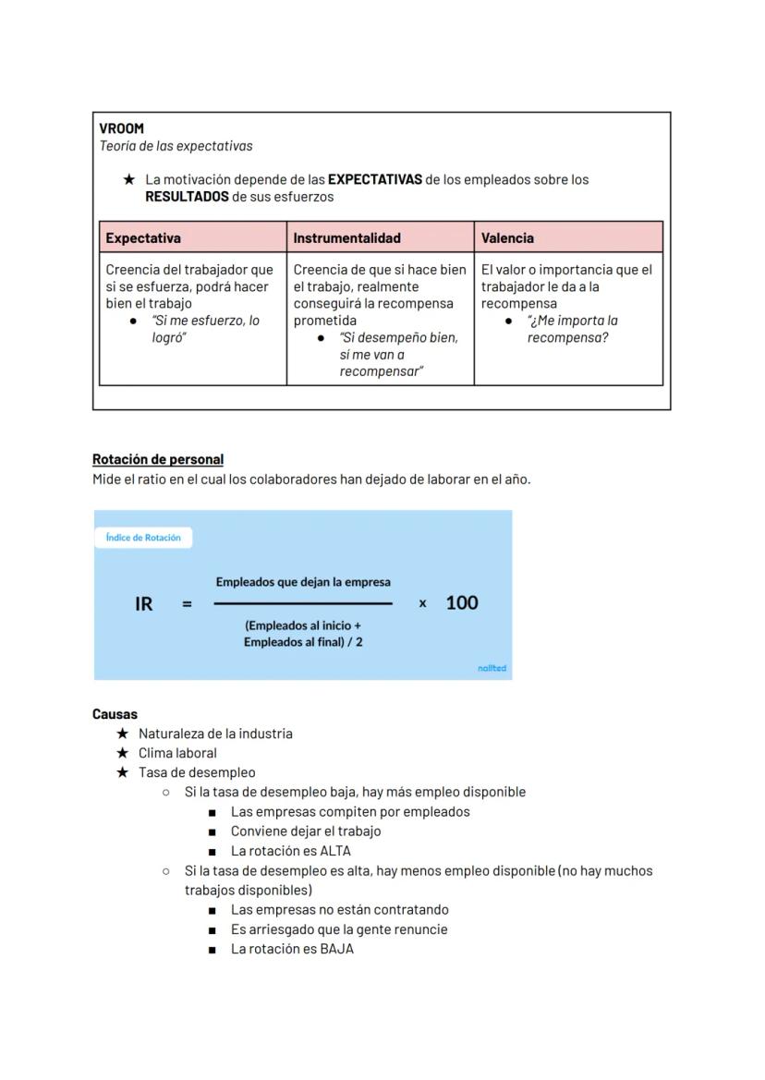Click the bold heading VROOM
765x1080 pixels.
click(x=121, y=128)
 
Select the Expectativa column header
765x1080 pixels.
click(x=143, y=237)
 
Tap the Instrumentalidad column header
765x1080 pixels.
click(x=346, y=237)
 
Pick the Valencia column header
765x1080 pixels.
click(x=507, y=237)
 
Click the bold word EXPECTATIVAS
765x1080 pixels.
click(x=374, y=179)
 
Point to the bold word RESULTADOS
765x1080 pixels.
click(x=187, y=197)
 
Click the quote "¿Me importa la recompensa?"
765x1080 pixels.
click(x=567, y=329)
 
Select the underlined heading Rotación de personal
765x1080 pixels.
click(x=158, y=459)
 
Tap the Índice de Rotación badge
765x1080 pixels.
click(x=143, y=538)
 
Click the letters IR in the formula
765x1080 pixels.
click(x=144, y=603)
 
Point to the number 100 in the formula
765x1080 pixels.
click(x=462, y=603)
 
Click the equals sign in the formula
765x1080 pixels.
click(x=187, y=604)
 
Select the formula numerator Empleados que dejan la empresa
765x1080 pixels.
click(x=303, y=582)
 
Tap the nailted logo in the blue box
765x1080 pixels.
click(x=492, y=668)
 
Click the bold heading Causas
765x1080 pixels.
click(x=115, y=714)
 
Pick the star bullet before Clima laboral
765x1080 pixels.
click(x=122, y=753)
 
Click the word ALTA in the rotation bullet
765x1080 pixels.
click(x=335, y=851)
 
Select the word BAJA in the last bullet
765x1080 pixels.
click(x=337, y=949)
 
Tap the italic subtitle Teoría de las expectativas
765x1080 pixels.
click(x=176, y=146)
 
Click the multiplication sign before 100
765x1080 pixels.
click(x=423, y=603)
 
